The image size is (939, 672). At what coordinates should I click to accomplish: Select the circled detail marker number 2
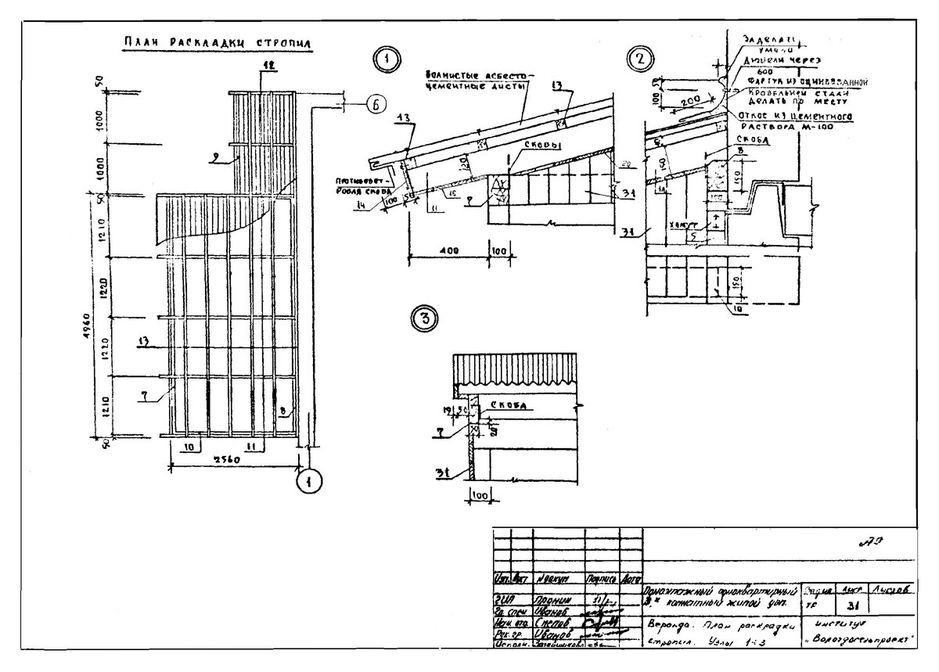coord(641,58)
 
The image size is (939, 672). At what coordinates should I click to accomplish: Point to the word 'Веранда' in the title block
coord(667,626)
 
